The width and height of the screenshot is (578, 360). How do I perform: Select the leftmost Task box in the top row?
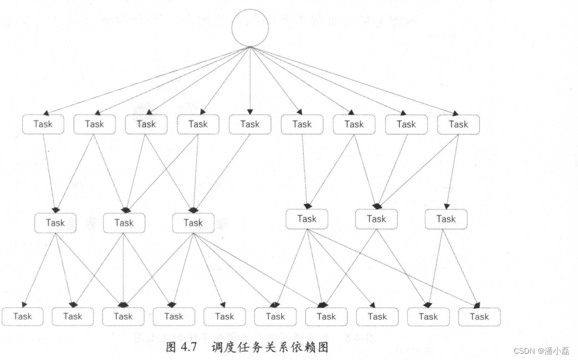point(43,124)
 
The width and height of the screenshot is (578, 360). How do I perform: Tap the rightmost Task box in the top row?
point(458,124)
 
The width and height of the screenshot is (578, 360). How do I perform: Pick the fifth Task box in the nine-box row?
point(250,124)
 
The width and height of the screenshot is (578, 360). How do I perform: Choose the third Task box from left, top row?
point(146,124)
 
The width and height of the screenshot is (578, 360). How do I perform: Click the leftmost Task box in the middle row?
point(55,223)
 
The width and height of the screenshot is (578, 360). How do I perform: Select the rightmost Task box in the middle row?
point(446,219)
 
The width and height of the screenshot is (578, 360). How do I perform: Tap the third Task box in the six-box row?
point(193,223)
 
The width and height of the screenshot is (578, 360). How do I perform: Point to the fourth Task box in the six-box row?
point(307,219)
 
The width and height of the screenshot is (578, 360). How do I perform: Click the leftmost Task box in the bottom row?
point(23,316)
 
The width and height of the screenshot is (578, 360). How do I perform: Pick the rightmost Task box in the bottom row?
point(479,316)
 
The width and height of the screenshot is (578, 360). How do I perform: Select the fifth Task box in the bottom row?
point(224,316)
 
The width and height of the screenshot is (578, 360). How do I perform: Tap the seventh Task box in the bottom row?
point(326,316)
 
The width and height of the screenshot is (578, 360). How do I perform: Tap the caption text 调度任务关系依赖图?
point(270,347)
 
